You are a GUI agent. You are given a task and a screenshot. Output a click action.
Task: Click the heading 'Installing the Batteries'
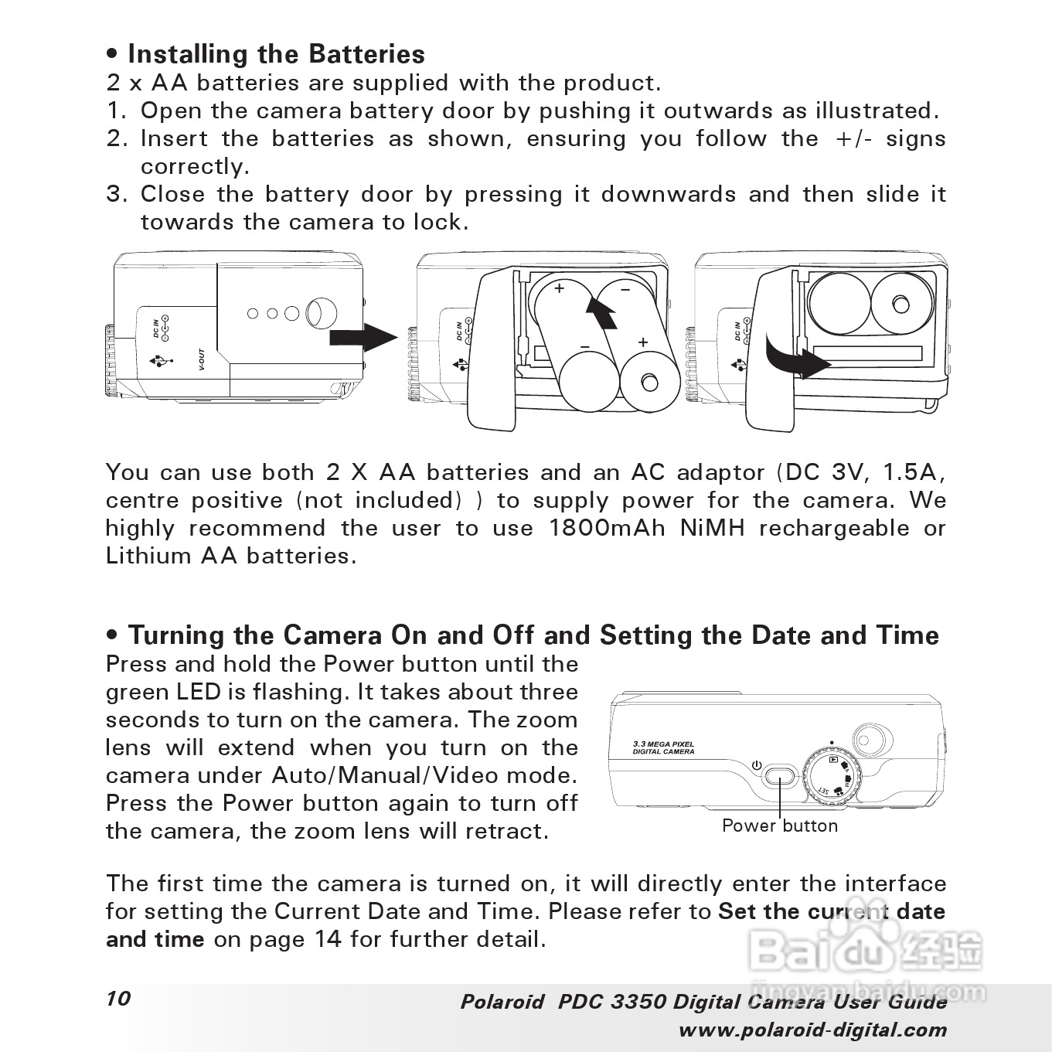[x=276, y=54]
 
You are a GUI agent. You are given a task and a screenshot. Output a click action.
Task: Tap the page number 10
[x=119, y=998]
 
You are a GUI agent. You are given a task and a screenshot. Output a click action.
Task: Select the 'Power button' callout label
[x=779, y=826]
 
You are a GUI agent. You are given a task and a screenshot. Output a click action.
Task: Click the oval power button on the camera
[x=780, y=775]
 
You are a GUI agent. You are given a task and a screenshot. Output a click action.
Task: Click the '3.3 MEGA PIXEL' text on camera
[x=663, y=744]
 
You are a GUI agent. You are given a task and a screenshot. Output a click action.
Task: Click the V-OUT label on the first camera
[x=200, y=361]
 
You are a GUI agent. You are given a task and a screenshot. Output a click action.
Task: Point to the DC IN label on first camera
[x=156, y=328]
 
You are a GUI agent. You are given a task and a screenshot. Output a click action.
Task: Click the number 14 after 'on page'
[x=328, y=939]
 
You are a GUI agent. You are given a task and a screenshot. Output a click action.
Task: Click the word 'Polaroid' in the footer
[x=502, y=1002]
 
